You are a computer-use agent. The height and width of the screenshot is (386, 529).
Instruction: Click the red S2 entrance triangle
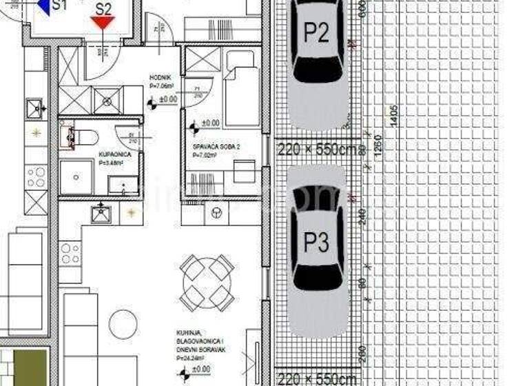click(103, 23)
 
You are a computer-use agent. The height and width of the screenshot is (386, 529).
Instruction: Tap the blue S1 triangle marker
click(43, 7)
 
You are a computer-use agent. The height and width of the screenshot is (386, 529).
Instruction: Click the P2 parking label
click(316, 32)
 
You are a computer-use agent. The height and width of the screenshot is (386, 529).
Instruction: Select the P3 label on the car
click(316, 243)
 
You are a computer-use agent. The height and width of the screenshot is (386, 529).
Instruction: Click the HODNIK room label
click(160, 78)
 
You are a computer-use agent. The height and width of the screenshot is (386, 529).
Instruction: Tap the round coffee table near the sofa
click(123, 325)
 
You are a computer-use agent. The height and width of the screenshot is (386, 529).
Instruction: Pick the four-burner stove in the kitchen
click(70, 254)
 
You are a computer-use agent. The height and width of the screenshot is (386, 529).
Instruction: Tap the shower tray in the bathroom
click(76, 176)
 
